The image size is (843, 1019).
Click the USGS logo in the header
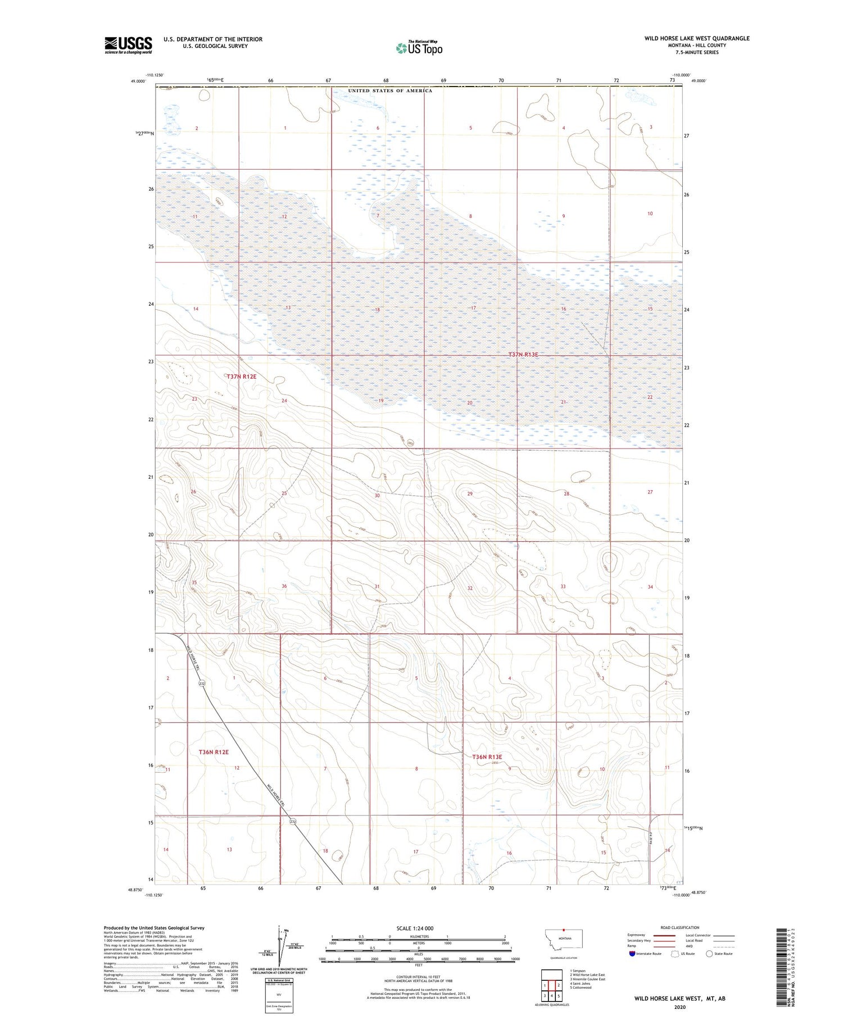pyautogui.click(x=128, y=45)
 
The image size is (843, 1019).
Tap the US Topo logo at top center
pyautogui.click(x=419, y=48)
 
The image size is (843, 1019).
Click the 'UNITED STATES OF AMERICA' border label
pyautogui.click(x=390, y=90)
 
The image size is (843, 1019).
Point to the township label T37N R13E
pyautogui.click(x=523, y=355)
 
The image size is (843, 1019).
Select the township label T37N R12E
pyautogui.click(x=242, y=377)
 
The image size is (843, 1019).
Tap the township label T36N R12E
pyautogui.click(x=214, y=751)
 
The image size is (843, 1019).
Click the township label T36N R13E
pyautogui.click(x=487, y=757)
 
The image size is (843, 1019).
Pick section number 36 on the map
pyautogui.click(x=284, y=586)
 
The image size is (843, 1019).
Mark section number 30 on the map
pyautogui.click(x=377, y=496)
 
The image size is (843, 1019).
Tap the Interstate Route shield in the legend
pyautogui.click(x=632, y=953)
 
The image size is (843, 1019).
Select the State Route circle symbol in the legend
pyautogui.click(x=709, y=953)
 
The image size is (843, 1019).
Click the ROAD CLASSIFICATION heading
pyautogui.click(x=680, y=927)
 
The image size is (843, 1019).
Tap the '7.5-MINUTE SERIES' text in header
pyautogui.click(x=697, y=52)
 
